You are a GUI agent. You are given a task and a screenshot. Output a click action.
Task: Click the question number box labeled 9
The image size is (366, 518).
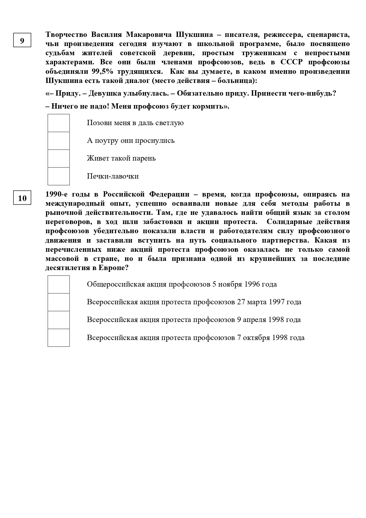tap(22, 40)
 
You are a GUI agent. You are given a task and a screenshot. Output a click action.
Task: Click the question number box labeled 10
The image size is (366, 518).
tap(22, 198)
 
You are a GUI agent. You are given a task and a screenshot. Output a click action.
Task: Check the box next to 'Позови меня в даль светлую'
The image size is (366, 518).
tap(59, 123)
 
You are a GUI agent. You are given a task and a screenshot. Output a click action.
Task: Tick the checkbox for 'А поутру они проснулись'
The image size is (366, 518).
tap(59, 141)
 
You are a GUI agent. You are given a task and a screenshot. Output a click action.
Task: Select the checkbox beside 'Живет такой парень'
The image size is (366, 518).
tap(59, 158)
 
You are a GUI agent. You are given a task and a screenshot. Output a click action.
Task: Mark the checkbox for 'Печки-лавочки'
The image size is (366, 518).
tap(59, 176)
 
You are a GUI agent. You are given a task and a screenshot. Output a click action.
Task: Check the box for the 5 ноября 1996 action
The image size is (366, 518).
tap(59, 285)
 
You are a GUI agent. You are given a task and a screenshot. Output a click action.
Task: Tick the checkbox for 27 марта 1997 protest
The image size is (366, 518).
tap(59, 302)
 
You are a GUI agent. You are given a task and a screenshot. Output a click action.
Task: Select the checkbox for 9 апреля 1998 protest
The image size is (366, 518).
tap(59, 320)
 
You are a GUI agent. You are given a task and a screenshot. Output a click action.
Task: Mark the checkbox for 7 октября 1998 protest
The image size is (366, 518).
tap(59, 338)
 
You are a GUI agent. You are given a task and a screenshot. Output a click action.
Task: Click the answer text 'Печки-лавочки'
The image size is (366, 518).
tap(113, 176)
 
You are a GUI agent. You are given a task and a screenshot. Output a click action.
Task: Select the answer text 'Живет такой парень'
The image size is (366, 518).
tap(121, 158)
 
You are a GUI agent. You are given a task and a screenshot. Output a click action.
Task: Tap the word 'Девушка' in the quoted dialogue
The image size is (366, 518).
tap(102, 94)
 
